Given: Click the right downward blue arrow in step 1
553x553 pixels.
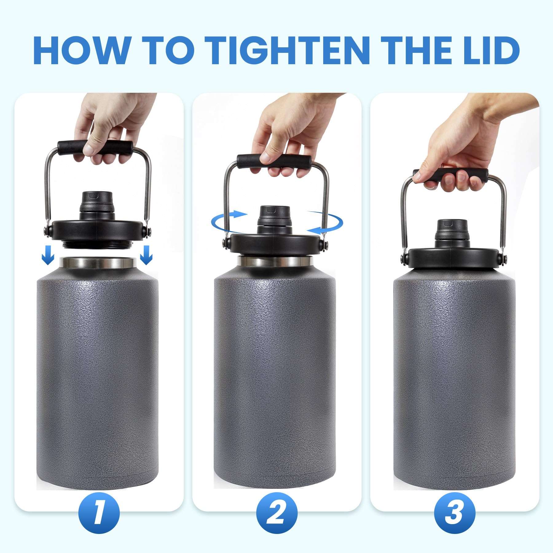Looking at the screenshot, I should [146, 254].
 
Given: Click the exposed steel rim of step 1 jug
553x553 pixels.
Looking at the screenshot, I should [98, 263].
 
